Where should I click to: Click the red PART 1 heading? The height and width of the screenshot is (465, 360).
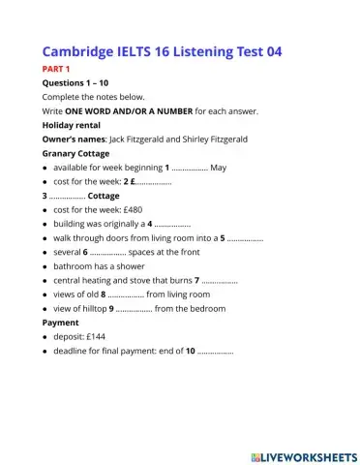coord(56,70)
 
